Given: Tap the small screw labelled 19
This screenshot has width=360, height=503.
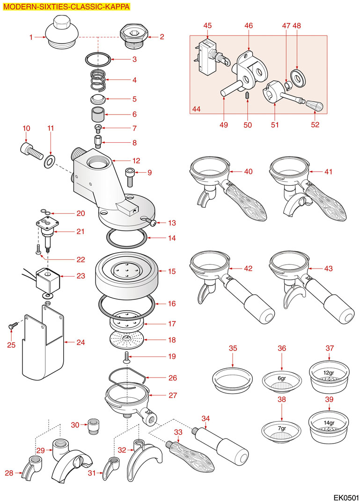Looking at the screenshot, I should pos(126,358).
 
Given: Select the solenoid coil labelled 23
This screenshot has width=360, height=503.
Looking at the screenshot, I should pos(47,280).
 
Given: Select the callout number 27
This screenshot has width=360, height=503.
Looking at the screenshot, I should pos(172,395).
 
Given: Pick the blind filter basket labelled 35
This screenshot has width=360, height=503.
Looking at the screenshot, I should pos(232,378).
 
